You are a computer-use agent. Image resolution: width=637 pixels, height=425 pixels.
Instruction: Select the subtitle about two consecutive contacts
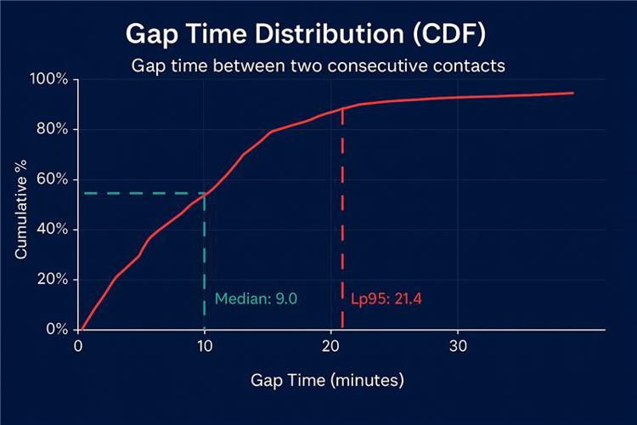pyautogui.click(x=318, y=65)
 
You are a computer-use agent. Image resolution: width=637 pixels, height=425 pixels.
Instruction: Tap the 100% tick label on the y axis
pyautogui.click(x=50, y=80)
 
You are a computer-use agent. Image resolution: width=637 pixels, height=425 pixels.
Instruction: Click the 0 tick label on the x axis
pyautogui.click(x=78, y=345)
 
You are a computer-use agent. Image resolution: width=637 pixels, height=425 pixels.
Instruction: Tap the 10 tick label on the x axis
pyautogui.click(x=204, y=345)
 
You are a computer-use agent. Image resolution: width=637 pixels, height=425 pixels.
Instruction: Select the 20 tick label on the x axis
pyautogui.click(x=331, y=345)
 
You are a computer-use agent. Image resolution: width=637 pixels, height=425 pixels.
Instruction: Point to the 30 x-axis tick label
pyautogui.click(x=458, y=345)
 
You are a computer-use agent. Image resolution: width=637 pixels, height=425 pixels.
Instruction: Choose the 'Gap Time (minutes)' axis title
pyautogui.click(x=327, y=379)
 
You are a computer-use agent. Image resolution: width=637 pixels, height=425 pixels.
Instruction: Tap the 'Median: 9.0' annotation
pyautogui.click(x=256, y=299)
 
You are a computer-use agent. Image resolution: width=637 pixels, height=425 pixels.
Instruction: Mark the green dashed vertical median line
pyautogui.click(x=205, y=255)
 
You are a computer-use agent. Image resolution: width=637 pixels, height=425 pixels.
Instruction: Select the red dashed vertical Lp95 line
pyautogui.click(x=342, y=212)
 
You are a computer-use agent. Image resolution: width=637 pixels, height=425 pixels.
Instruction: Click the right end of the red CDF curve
pyautogui.click(x=572, y=93)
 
